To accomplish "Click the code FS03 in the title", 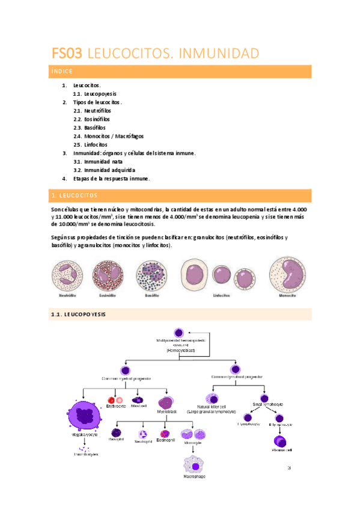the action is tap(67, 54).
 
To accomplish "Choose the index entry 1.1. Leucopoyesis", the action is tap(94, 94).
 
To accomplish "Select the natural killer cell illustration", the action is tap(213, 398).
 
